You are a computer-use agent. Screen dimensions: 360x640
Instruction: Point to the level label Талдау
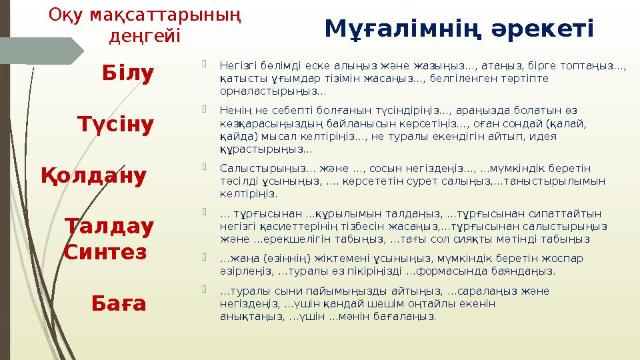pyautogui.click(x=109, y=227)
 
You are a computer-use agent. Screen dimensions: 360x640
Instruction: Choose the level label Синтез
pyautogui.click(x=105, y=253)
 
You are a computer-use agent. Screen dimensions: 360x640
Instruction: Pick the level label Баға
pyautogui.click(x=119, y=304)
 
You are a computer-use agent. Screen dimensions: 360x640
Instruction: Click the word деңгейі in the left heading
pyautogui.click(x=144, y=35)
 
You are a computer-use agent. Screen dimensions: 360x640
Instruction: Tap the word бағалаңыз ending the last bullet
pyautogui.click(x=413, y=316)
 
